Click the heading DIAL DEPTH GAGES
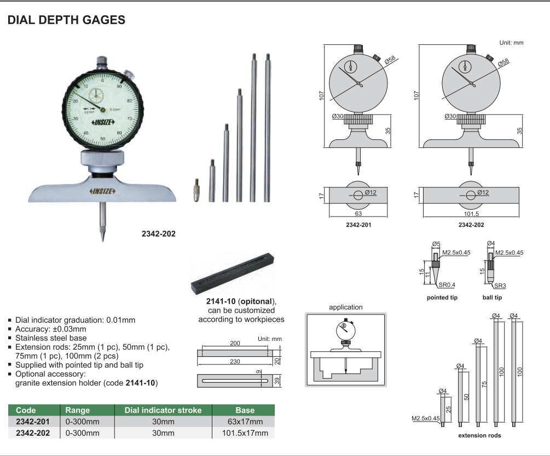pos(66,20)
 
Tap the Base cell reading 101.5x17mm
pos(245,433)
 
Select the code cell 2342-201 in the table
pos(33,421)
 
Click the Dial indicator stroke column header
pos(163,411)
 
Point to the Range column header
pos(78,411)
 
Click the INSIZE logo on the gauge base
pos(102,191)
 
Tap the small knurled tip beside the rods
pos(196,190)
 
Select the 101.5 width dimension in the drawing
pos(471,214)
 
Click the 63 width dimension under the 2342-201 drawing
pos(358,214)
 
